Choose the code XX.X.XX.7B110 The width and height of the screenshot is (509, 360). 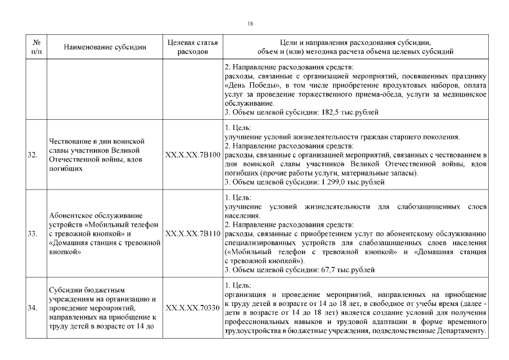click(x=193, y=233)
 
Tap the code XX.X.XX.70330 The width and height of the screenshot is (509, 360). click(x=193, y=308)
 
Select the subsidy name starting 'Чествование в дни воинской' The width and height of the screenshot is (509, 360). click(x=97, y=155)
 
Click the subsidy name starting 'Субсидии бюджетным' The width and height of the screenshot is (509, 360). click(x=102, y=308)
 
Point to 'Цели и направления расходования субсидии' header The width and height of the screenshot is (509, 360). click(x=354, y=43)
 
